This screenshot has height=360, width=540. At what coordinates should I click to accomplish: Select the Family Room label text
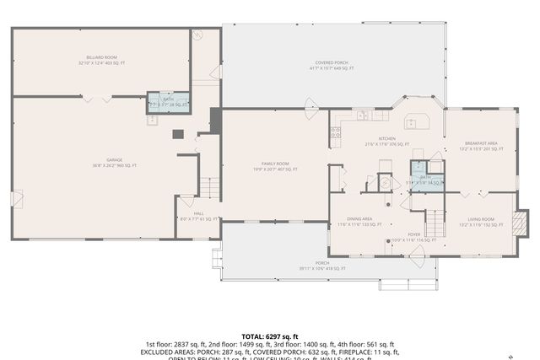coord(275,166)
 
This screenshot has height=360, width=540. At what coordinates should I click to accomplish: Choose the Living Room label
coord(481,221)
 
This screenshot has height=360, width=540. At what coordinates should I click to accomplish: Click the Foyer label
coord(413,237)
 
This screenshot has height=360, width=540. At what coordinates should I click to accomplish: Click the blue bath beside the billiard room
coord(169,102)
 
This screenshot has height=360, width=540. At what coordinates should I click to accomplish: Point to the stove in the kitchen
coord(336,132)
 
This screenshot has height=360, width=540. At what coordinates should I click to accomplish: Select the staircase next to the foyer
coord(434,223)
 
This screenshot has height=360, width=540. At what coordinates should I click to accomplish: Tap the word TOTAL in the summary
coord(255,336)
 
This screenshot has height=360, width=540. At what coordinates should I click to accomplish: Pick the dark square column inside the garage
coord(178,134)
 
